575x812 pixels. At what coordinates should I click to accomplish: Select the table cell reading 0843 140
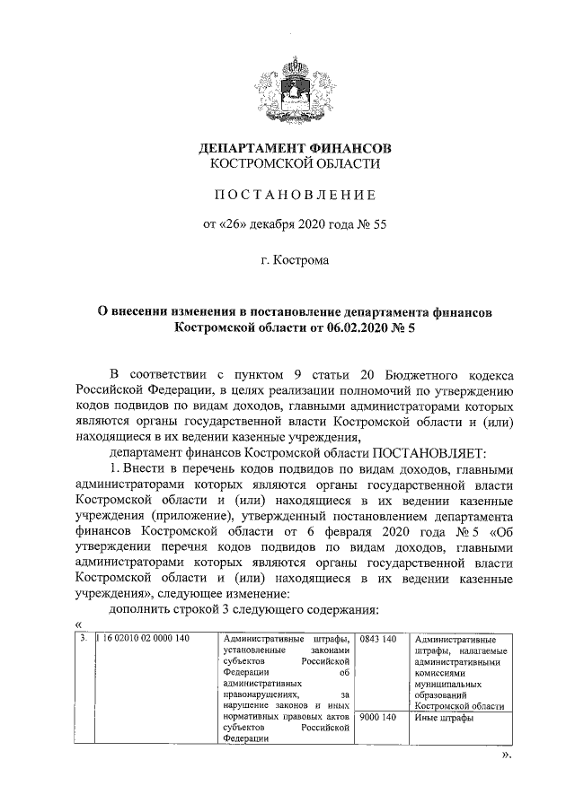378,639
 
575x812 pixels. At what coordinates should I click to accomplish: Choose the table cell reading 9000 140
378,718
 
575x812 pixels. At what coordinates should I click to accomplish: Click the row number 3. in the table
82,639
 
